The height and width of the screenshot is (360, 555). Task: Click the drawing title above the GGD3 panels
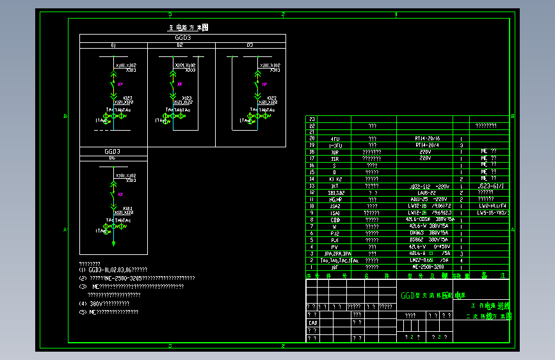(188, 28)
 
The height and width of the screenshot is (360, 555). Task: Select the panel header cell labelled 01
(113, 45)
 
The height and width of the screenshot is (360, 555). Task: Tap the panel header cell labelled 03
(250, 45)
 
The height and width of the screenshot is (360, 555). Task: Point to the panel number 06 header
(112, 157)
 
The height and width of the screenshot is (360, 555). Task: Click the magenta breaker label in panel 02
(180, 84)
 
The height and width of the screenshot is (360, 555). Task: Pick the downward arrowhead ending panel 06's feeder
(113, 243)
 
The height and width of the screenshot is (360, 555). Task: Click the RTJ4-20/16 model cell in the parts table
(428, 138)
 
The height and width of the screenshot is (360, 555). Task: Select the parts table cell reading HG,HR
(335, 199)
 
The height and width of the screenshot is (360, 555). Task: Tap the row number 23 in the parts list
(312, 119)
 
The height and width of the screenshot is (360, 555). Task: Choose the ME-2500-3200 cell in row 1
(428, 267)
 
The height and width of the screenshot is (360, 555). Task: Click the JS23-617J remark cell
(490, 186)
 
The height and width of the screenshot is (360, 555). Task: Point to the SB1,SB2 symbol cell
(335, 192)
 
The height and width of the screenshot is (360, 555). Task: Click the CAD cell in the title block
(313, 323)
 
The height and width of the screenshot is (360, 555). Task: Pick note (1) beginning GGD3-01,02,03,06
(113, 270)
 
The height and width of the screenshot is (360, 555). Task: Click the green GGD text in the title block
(408, 296)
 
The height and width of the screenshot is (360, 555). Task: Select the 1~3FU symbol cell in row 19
(335, 145)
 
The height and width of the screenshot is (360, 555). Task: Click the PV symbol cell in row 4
(334, 247)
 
